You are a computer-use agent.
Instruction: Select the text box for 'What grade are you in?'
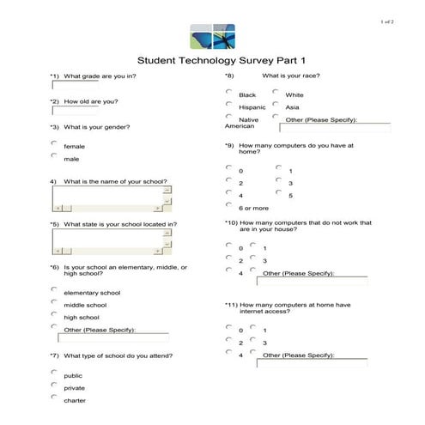click(75, 86)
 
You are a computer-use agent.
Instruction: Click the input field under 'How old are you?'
click(75, 111)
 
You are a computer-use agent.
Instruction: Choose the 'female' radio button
click(54, 143)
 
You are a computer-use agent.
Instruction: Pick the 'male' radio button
click(54, 156)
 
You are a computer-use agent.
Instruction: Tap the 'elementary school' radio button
click(54, 290)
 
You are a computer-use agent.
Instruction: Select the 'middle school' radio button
click(54, 302)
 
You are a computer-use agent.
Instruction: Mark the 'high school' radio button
click(54, 315)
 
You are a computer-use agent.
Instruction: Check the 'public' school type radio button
click(54, 373)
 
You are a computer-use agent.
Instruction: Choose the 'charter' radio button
click(54, 398)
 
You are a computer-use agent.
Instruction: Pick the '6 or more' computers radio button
click(228, 205)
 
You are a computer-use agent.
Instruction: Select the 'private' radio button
click(54, 385)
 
